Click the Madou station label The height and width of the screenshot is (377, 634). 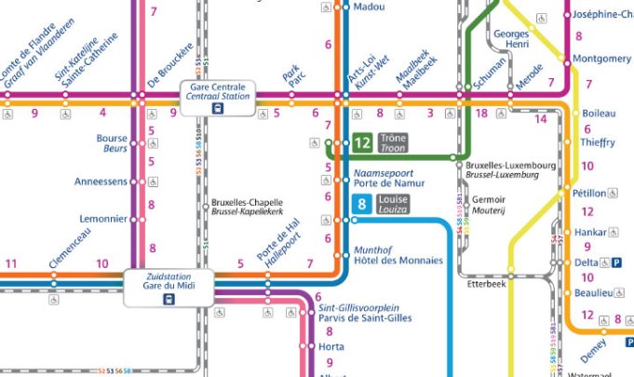coord(370,7)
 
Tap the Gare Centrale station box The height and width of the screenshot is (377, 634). coord(218,97)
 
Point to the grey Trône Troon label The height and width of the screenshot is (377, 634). coord(394,143)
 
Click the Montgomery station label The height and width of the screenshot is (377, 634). coord(601,59)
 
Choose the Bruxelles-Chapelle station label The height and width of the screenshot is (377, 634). coord(247,207)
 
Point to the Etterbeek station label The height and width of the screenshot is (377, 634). coord(485,286)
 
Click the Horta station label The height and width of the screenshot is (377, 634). coord(331,346)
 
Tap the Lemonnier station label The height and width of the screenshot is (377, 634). coord(103,219)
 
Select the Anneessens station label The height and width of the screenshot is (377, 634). coord(101,182)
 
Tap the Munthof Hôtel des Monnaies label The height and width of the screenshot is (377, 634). coord(398,255)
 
